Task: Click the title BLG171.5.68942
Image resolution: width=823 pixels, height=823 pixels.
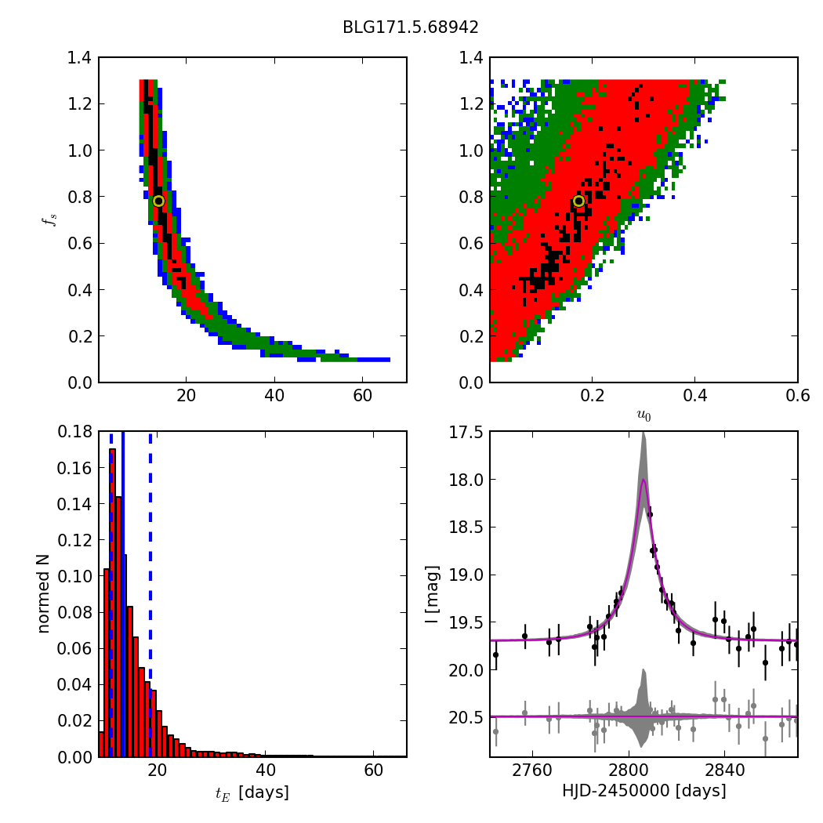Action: pos(411,27)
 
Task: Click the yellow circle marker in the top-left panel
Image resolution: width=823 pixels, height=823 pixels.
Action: pos(158,201)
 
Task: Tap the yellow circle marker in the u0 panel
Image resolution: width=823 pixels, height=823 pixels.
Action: pos(578,201)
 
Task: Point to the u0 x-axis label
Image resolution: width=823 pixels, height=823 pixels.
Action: pos(644,416)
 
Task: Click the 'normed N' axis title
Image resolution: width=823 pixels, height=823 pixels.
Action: pos(43,594)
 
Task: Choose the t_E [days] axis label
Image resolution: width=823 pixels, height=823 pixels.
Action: pos(252,792)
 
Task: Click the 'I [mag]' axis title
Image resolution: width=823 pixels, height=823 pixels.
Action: pos(432,594)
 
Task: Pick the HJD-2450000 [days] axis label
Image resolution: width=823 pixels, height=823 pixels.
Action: pos(644,791)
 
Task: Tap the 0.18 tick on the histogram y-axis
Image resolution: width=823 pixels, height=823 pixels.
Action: pos(76,432)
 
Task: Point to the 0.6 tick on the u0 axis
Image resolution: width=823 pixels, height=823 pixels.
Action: pos(797,396)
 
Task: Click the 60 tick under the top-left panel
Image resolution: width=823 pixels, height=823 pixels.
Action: pos(362,396)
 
